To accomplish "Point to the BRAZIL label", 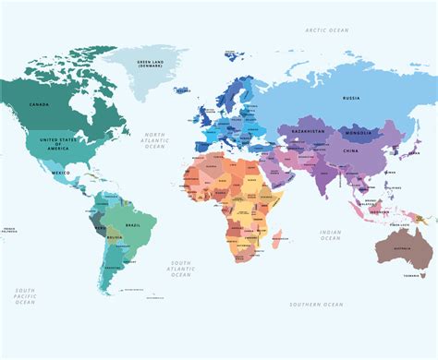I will pos(131,225).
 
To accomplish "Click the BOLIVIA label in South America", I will pos(115,238).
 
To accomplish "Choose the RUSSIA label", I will pos(350,97).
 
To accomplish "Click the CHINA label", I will pos(351,150).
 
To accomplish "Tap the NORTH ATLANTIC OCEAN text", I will pos(155,140).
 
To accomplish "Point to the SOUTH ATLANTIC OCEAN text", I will pos(181,268).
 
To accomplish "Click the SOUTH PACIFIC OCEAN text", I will pos(24,296).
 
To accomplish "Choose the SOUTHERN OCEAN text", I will pos(316,305).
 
